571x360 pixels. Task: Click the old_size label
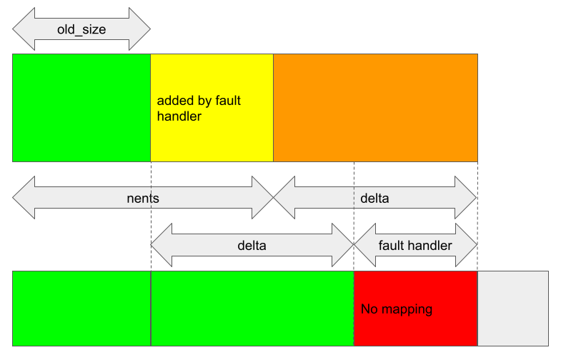(81, 29)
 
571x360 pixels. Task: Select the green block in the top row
(81, 107)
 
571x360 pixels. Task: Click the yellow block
(212, 136)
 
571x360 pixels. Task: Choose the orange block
(375, 107)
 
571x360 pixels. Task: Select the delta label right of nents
(374, 198)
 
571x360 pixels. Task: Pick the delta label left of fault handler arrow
(252, 245)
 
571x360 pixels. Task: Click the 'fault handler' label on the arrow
(415, 245)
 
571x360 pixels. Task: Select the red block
(415, 329)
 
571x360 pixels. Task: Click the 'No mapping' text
(397, 309)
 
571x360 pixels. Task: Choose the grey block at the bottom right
(512, 308)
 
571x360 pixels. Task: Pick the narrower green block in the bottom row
(81, 308)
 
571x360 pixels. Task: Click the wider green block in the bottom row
(252, 308)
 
